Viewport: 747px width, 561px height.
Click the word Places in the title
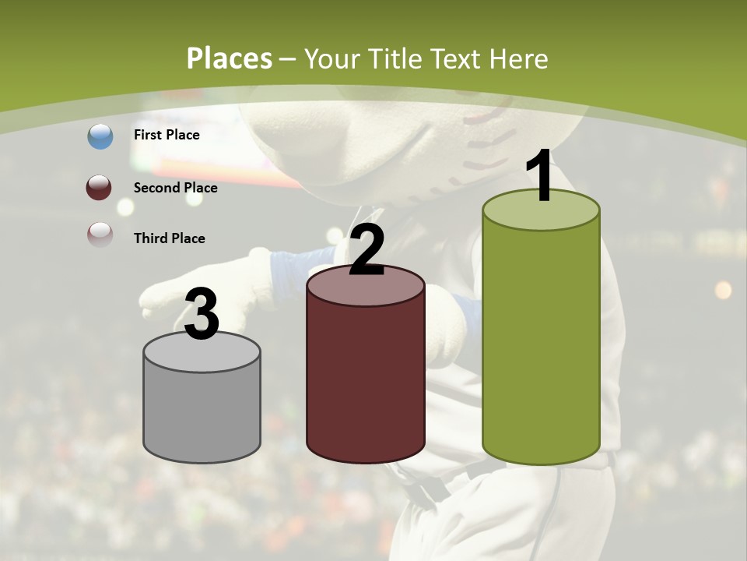230,58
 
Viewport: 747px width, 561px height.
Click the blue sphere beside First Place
100,136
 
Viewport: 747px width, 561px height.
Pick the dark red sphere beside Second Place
100,188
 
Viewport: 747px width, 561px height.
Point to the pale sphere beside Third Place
100,235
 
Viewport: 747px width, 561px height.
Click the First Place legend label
167,135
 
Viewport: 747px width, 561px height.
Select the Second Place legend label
175,188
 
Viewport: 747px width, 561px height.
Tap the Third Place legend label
169,238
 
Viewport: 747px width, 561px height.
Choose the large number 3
202,314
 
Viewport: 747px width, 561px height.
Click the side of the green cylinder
541,343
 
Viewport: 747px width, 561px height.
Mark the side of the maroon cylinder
366,382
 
